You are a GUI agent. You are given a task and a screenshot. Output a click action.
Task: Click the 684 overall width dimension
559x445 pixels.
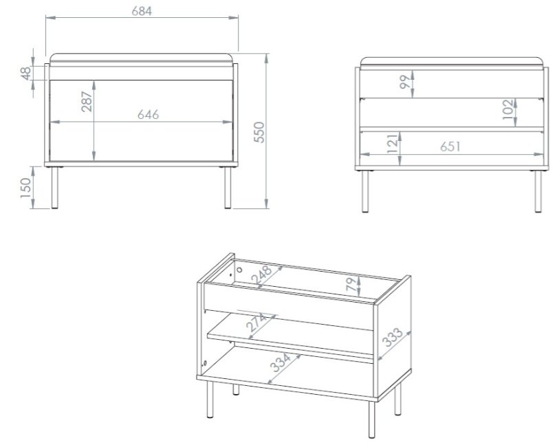point(142,11)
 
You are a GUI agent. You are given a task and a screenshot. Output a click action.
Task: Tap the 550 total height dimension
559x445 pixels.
point(259,132)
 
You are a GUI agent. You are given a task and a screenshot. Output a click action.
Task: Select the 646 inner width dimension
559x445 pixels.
point(149,115)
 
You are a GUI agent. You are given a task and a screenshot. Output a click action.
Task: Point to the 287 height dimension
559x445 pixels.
point(87,102)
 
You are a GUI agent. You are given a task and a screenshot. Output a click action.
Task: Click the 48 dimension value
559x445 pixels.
point(26,74)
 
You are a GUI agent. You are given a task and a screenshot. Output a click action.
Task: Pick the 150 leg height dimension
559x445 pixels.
point(25,188)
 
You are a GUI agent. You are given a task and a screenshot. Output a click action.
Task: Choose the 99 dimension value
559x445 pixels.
point(405,82)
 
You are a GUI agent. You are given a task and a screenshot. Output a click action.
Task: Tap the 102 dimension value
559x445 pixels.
point(508,109)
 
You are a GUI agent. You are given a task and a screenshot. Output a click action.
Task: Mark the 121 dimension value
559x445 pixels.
point(392,143)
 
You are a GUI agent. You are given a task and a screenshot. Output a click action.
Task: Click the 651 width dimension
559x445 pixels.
point(450,147)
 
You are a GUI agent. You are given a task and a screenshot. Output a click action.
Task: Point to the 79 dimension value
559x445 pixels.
point(351,284)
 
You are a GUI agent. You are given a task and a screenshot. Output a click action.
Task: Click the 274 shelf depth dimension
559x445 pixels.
point(256,323)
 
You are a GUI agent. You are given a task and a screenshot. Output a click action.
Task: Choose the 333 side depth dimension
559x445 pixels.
point(393,337)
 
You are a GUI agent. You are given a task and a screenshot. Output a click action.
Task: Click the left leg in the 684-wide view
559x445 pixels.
point(54,188)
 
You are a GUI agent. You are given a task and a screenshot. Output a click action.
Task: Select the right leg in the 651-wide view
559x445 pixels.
point(538,191)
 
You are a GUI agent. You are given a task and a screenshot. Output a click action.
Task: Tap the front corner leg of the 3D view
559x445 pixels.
point(371,419)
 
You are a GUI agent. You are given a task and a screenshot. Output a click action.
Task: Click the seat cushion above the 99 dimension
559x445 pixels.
point(452,61)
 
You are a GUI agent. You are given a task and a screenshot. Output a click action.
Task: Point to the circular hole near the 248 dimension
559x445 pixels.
point(239,270)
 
